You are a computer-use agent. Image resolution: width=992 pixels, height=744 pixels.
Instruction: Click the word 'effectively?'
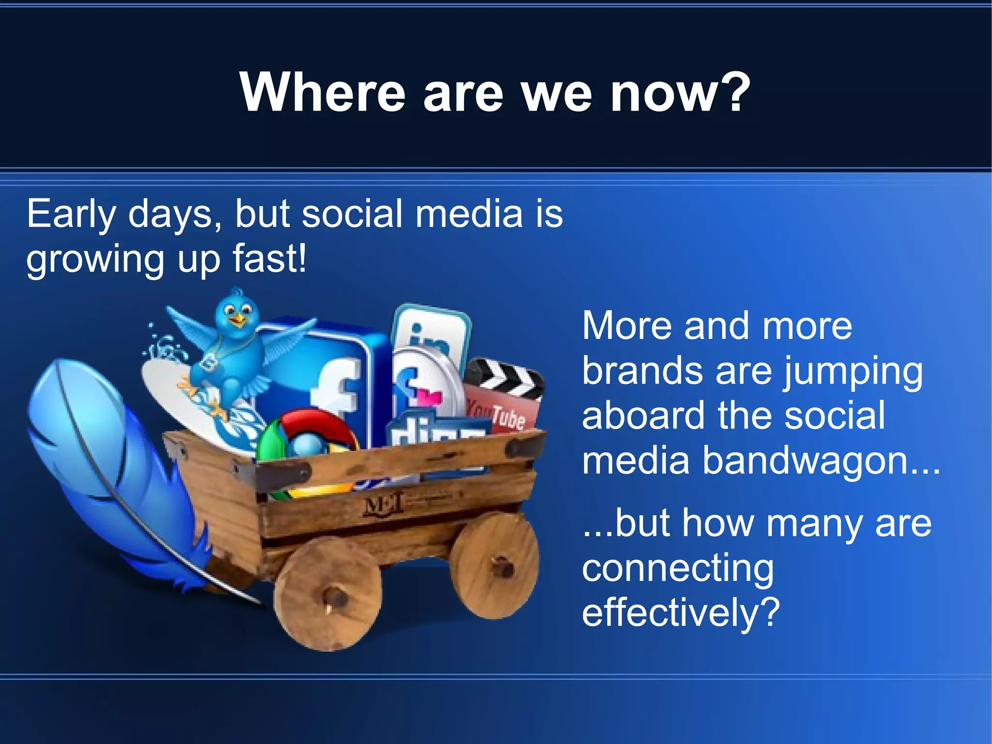pos(681,612)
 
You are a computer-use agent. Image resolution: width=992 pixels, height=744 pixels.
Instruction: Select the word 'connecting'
pos(678,569)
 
